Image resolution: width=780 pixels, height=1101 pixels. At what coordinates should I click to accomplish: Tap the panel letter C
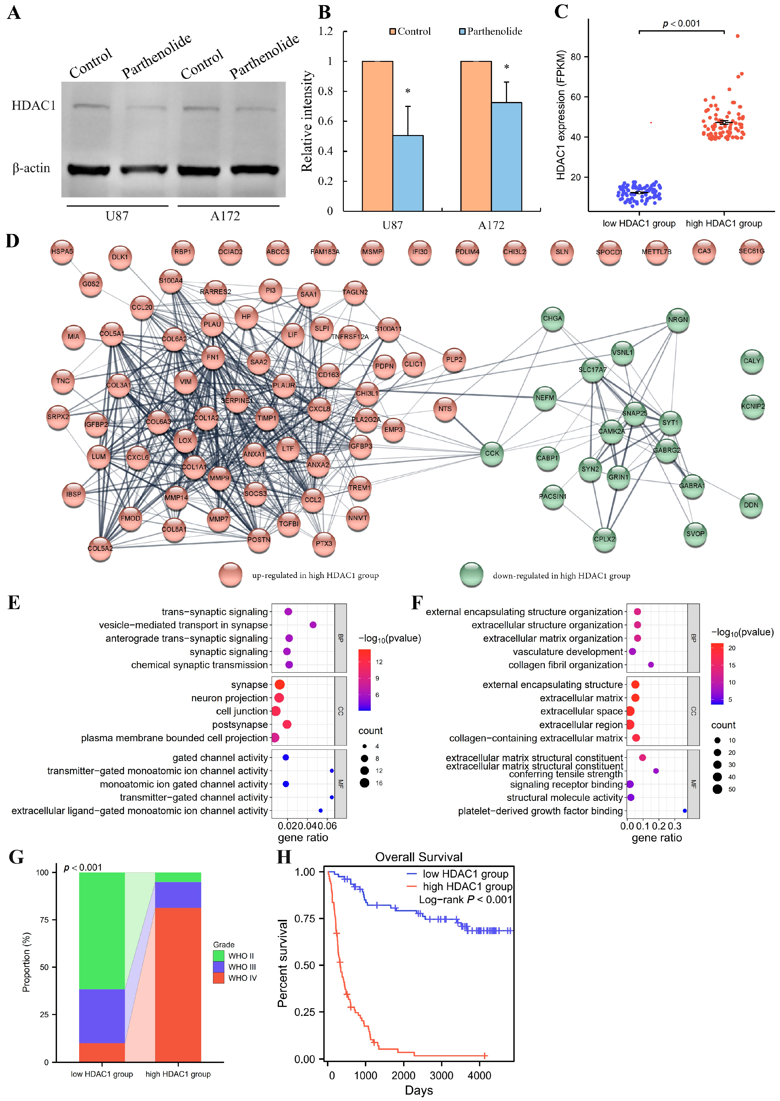561,12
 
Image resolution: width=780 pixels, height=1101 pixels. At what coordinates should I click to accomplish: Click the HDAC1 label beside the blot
34,106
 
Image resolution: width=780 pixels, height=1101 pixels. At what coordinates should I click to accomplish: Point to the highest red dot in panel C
738,36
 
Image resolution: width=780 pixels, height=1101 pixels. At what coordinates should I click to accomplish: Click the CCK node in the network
492,453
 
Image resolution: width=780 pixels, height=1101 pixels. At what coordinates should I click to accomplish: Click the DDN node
751,505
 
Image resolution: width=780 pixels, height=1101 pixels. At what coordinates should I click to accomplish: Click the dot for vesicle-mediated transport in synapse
313,625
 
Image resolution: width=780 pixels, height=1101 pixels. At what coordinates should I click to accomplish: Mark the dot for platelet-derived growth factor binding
684,811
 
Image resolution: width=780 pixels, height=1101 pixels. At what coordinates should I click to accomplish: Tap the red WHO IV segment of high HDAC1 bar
178,984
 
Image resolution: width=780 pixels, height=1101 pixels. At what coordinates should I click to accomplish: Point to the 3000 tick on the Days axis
441,1075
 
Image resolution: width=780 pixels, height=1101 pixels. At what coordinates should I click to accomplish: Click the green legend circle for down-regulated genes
471,575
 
